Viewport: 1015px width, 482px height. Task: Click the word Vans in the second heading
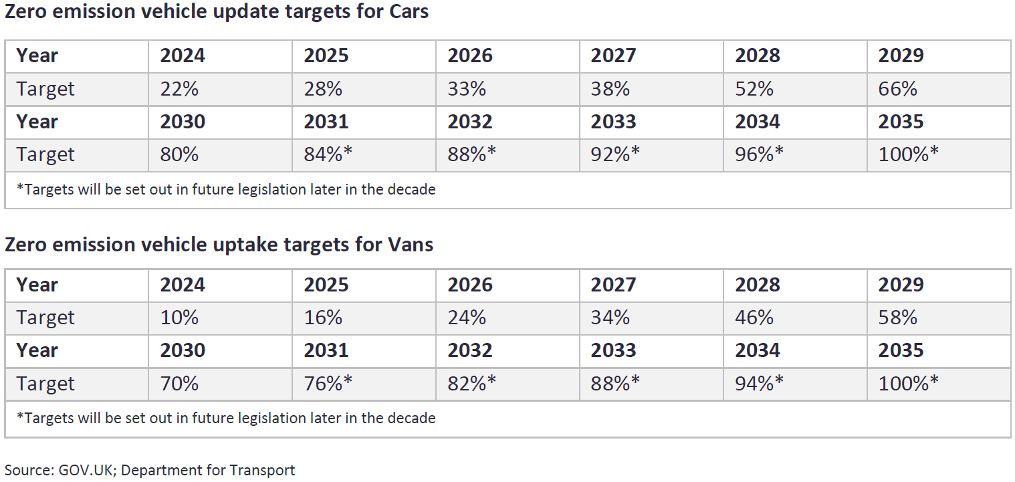coord(410,245)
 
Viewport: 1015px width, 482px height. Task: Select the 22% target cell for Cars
coord(179,89)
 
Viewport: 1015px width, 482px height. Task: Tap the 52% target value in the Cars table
coord(754,89)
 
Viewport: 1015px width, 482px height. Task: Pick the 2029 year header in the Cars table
coord(901,55)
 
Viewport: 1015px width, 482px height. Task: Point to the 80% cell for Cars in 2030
coord(179,154)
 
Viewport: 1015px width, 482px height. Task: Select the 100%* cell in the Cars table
coord(908,154)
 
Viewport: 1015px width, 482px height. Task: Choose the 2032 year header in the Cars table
coord(469,122)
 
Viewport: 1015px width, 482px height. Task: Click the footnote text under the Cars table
coord(226,190)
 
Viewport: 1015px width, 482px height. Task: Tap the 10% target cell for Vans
coord(179,318)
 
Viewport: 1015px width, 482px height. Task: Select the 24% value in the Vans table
coord(467,318)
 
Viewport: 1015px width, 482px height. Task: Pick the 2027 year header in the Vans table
coord(613,285)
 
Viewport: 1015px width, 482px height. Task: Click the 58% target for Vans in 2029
coord(898,318)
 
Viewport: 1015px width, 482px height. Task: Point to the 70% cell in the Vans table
coord(179,384)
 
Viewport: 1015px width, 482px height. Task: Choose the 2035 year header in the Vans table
coord(901,351)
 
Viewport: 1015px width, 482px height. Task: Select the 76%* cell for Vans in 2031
coord(328,384)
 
